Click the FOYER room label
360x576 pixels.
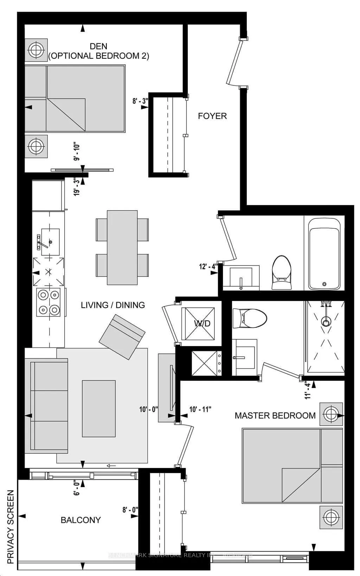212,116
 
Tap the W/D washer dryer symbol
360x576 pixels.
198,324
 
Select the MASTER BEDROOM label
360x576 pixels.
275,416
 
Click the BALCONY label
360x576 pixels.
81,520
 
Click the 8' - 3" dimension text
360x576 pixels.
140,101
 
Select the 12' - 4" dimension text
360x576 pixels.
208,267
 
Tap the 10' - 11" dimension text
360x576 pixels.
200,409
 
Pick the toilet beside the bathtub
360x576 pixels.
282,273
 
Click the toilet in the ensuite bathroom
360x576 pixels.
249,318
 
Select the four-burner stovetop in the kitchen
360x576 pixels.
49,302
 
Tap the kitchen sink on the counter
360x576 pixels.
50,242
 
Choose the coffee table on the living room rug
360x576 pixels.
99,409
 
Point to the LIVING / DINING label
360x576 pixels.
113,305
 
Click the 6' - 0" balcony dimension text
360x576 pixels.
77,488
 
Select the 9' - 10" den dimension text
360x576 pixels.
77,152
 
